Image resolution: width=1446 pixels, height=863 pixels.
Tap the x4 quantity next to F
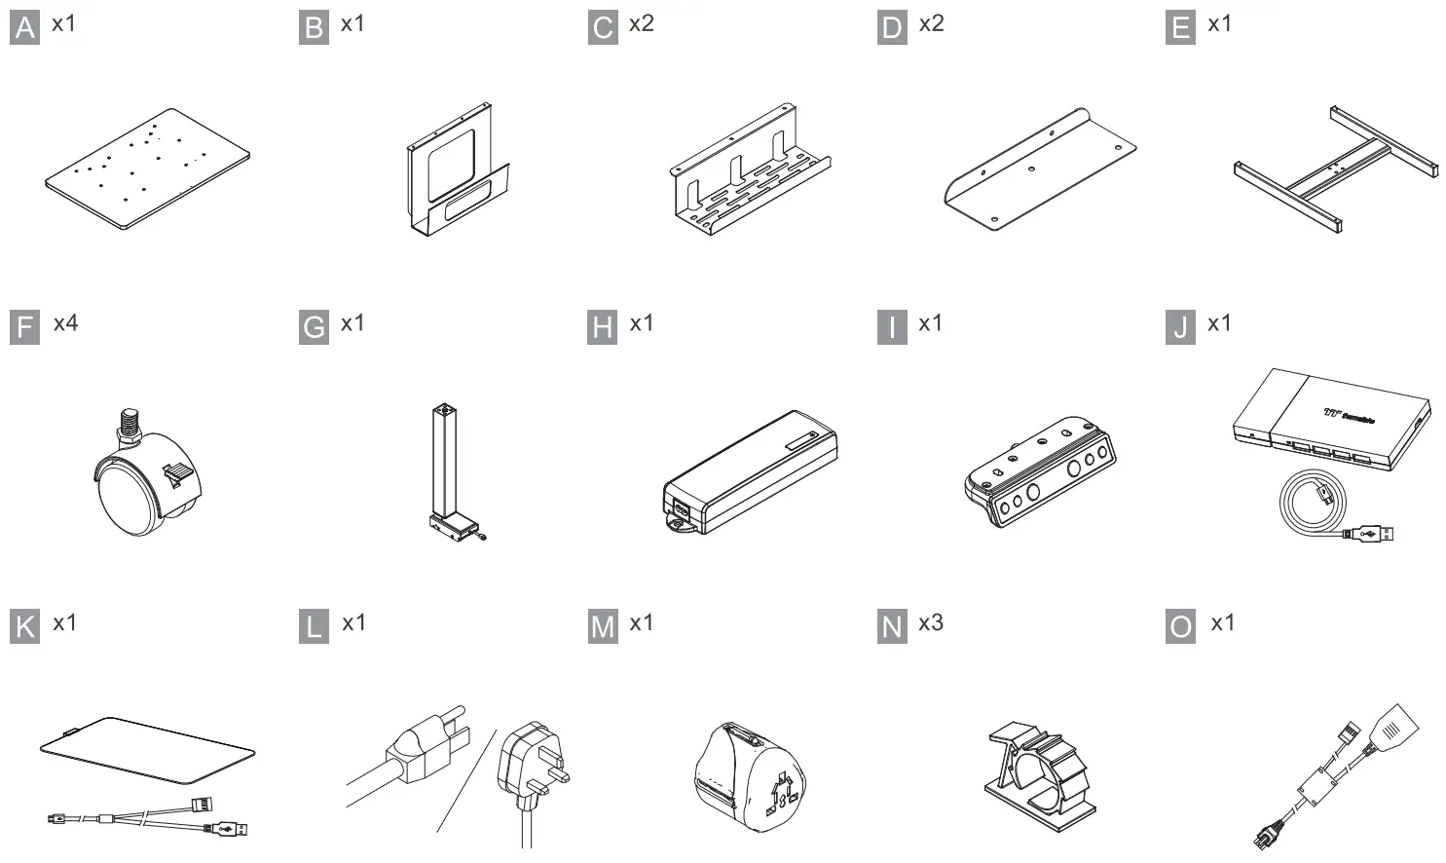[65, 322]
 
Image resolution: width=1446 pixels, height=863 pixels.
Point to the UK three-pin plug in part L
[531, 769]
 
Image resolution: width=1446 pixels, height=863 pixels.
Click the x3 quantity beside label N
[930, 622]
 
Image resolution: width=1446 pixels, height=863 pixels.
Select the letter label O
[1180, 627]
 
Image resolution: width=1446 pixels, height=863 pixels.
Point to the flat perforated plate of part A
[147, 169]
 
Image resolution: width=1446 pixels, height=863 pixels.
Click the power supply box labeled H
[750, 472]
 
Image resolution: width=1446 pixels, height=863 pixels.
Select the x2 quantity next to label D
[931, 23]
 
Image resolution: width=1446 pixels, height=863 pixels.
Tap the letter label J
[1180, 328]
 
